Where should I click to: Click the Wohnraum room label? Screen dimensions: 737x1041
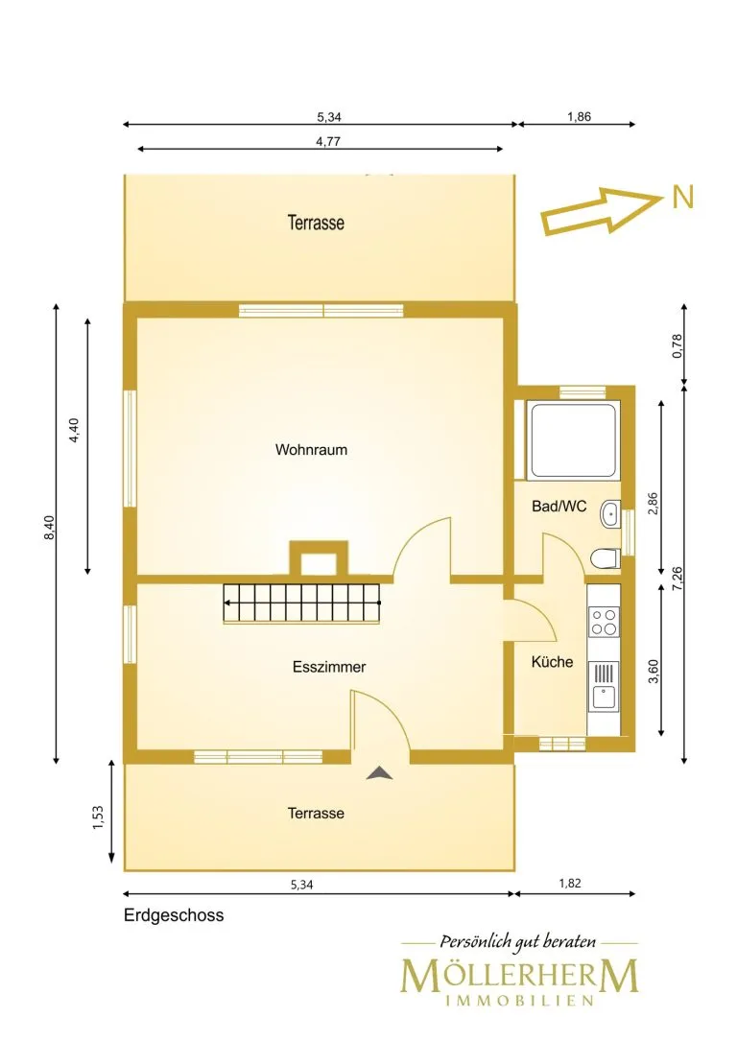click(311, 449)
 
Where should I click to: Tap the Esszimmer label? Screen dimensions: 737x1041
click(329, 667)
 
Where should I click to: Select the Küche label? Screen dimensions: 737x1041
click(553, 661)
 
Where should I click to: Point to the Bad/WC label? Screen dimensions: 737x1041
click(559, 507)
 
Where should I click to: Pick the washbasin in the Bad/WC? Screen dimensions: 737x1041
click(610, 514)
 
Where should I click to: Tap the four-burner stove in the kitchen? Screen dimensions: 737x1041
click(605, 622)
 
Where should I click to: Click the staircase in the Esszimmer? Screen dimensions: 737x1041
click(302, 603)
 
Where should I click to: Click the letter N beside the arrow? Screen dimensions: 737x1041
click(683, 198)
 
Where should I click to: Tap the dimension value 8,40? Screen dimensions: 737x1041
click(50, 528)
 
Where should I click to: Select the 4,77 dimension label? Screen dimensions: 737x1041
click(328, 141)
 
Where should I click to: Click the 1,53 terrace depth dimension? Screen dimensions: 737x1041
click(98, 817)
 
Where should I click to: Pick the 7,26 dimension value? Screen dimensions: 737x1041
click(678, 578)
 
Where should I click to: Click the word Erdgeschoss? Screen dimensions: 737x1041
click(174, 915)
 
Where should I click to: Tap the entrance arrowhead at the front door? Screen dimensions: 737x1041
click(379, 772)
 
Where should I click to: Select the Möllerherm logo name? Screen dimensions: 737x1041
click(519, 975)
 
